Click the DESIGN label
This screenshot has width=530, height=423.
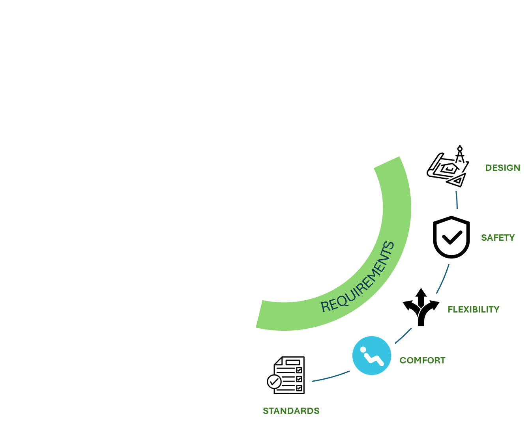(502, 168)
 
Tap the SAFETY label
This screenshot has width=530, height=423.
(498, 238)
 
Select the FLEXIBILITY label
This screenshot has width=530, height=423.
(473, 309)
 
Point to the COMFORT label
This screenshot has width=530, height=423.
(422, 360)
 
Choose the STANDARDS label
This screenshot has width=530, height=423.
(291, 411)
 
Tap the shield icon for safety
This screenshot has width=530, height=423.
(451, 237)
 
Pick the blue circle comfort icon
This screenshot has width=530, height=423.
(371, 356)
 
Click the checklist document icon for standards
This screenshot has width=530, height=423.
(286, 375)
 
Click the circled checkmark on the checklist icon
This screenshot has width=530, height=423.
(274, 382)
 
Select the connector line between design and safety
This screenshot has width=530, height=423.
(457, 200)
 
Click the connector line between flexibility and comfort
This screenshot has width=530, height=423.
(403, 336)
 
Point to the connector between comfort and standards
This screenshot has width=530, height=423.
(331, 376)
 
